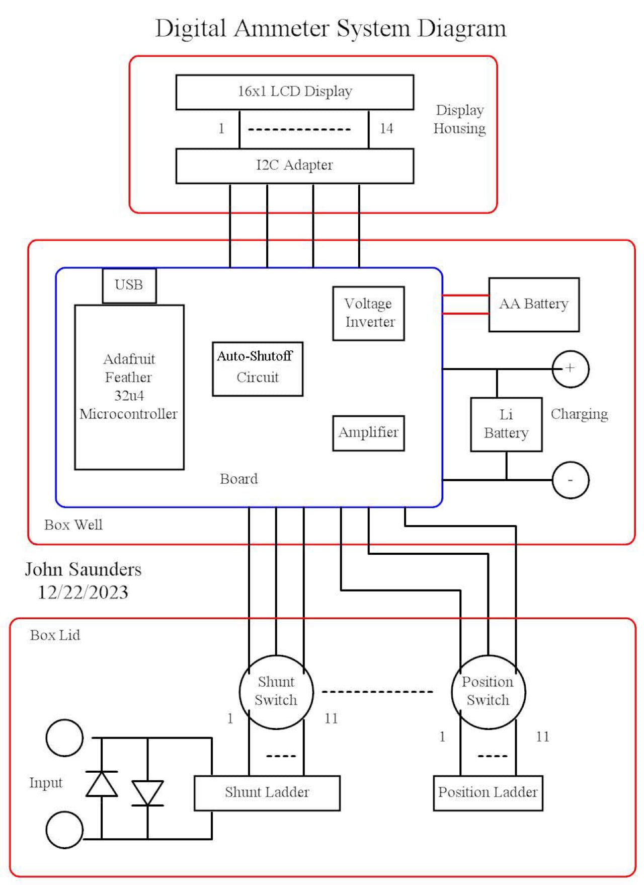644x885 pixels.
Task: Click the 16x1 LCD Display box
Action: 295,92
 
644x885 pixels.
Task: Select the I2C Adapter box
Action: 295,166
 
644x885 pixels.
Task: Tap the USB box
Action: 129,285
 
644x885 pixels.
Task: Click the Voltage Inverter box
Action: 369,313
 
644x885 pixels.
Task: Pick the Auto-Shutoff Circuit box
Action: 258,369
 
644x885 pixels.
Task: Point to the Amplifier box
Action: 369,433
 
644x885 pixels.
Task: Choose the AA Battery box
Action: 534,305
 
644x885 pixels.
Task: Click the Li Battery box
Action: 506,424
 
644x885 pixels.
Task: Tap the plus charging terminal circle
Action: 571,369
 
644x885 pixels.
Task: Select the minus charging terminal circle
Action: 571,480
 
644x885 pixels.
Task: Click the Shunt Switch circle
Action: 276,692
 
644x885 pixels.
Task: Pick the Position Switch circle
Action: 488,692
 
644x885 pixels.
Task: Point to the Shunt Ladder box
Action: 267,793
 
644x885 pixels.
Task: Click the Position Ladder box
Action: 488,793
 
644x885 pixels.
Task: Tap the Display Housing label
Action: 460,119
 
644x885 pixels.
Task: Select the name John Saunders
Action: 84,569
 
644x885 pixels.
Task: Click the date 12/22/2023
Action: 84,593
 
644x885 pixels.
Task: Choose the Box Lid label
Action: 55,635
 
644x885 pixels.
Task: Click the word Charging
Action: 579,414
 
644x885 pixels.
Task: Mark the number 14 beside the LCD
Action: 386,129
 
